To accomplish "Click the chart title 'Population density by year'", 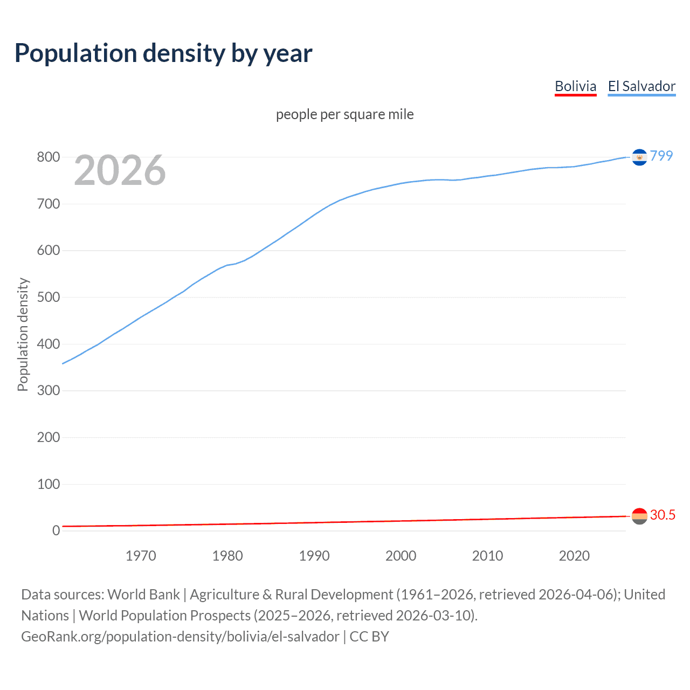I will click(163, 53).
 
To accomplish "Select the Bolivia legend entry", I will click(575, 86).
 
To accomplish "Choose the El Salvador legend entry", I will click(641, 86).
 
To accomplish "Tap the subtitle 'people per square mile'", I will click(344, 114).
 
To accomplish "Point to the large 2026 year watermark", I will click(120, 170).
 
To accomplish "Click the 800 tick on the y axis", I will click(48, 157).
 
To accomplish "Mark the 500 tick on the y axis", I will click(48, 298).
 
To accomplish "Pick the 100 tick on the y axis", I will click(48, 484).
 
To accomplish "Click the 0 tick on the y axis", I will click(56, 530).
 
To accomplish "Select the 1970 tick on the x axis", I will click(141, 556).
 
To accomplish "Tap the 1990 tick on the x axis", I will click(314, 556).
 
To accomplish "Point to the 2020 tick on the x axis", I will click(574, 556).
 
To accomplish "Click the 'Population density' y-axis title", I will click(23, 334).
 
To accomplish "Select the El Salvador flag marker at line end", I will click(639, 157).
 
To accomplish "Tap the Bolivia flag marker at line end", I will click(639, 516).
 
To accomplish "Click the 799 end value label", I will click(661, 156).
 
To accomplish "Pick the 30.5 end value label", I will click(663, 515).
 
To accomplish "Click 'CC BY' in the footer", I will click(369, 637).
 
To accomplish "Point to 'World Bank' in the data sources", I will click(143, 595).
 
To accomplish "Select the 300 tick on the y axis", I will click(48, 391).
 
